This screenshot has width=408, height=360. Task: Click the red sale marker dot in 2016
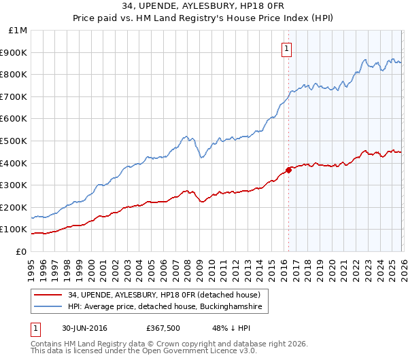tap(288, 170)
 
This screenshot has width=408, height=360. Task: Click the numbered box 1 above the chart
tap(287, 49)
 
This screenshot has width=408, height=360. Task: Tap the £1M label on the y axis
tap(18, 31)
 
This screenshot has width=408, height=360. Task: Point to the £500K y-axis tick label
tap(14, 141)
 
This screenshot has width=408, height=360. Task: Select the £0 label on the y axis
tap(21, 251)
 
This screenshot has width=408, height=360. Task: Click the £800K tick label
tap(14, 75)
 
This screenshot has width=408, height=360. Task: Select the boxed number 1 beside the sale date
tap(35, 328)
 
